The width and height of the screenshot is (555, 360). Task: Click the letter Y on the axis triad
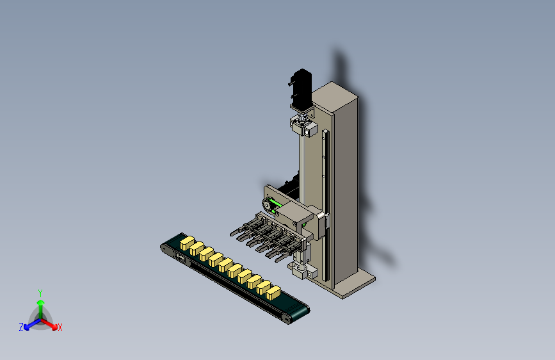point(40,293)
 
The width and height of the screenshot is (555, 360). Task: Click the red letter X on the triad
point(60,327)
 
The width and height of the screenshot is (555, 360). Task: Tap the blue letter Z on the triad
point(21,327)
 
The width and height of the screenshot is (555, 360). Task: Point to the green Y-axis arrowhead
point(41,303)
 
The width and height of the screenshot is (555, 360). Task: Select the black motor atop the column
point(301,88)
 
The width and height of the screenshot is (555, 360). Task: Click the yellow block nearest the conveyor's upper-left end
point(187,243)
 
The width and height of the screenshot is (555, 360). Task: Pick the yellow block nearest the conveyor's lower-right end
point(273,292)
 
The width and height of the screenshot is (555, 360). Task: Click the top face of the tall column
point(335,95)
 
